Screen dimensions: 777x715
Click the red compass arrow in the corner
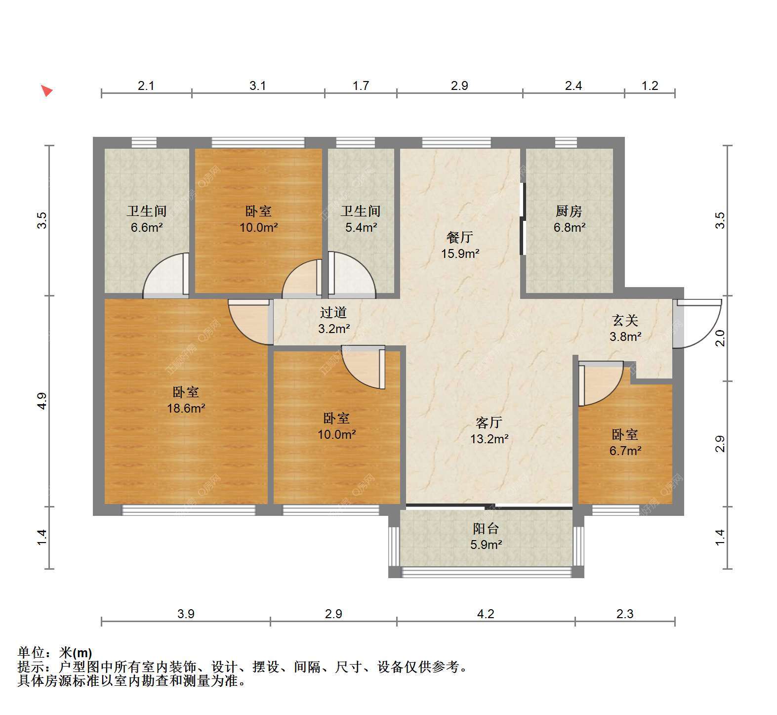pyautogui.click(x=46, y=91)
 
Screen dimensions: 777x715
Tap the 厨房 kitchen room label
pyautogui.click(x=569, y=211)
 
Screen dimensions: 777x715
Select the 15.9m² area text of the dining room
pyautogui.click(x=460, y=254)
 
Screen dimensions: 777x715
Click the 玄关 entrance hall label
pyautogui.click(x=625, y=321)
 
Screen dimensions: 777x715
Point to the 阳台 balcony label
pyautogui.click(x=486, y=529)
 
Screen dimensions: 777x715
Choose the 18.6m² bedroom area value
pyautogui.click(x=186, y=409)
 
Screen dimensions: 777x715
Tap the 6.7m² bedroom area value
pyautogui.click(x=625, y=451)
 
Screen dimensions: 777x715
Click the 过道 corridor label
pyautogui.click(x=333, y=313)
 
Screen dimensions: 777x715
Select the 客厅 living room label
pyautogui.click(x=489, y=422)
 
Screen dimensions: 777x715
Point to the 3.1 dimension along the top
pyautogui.click(x=257, y=85)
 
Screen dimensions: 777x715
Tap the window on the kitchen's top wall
pyautogui.click(x=566, y=142)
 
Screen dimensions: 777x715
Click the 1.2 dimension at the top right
pyautogui.click(x=650, y=85)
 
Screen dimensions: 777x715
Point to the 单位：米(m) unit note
pyautogui.click(x=55, y=653)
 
